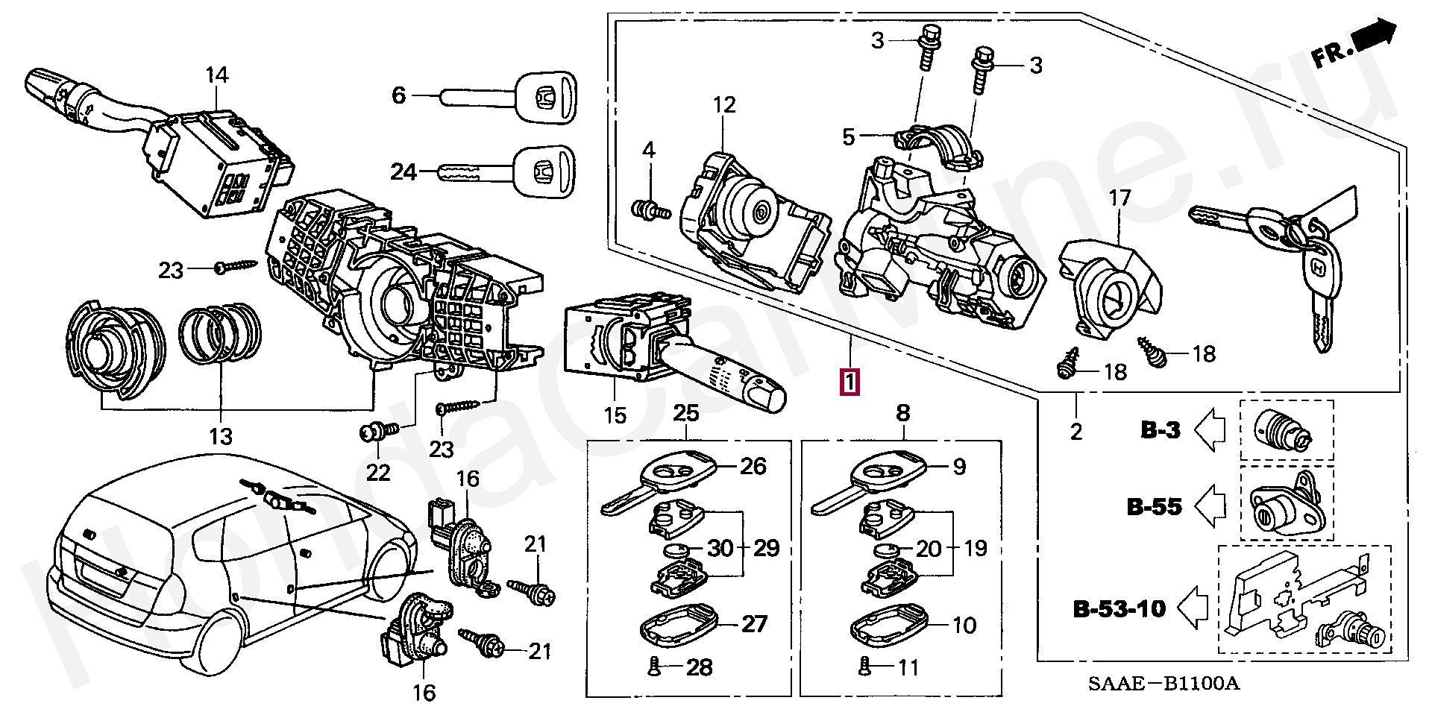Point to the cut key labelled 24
pos(507,172)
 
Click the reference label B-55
pos(1154,507)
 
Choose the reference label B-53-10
pos(1119,608)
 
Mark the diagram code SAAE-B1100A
pos(1163,683)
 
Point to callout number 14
pos(216,75)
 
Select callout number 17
pos(1119,198)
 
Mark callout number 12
pos(723,105)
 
